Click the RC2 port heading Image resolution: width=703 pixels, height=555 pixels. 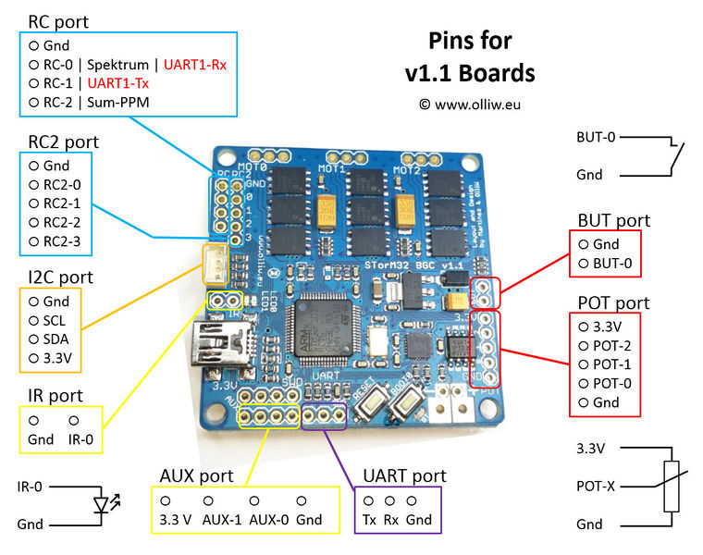[x=63, y=142]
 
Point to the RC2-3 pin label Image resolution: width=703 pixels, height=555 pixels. [x=62, y=241]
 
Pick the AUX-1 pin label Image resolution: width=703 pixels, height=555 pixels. [x=221, y=519]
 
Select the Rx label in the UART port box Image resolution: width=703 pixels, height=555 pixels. [x=391, y=519]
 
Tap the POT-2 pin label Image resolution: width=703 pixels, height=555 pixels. [x=612, y=345]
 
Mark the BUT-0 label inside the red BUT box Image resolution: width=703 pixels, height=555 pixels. [x=613, y=263]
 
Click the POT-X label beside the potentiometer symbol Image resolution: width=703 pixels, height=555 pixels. [x=596, y=485]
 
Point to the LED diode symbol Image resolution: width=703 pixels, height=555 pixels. [x=101, y=505]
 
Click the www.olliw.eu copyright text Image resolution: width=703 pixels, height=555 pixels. [x=470, y=105]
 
